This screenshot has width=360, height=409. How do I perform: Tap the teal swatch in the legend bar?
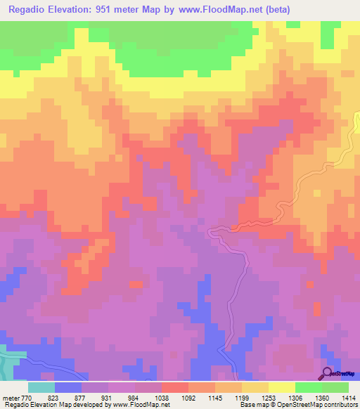pyautogui.click(x=41, y=387)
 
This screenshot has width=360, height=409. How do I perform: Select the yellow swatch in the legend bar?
pyautogui.click(x=281, y=387)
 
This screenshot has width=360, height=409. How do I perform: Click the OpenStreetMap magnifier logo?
pyautogui.click(x=328, y=372)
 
